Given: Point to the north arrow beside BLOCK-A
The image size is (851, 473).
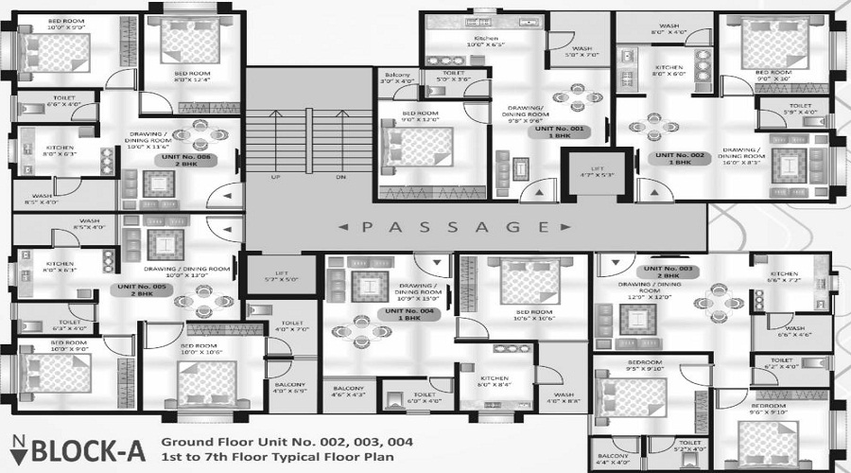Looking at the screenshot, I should tap(19, 449).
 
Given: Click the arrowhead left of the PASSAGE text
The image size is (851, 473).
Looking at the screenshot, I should tap(339, 227).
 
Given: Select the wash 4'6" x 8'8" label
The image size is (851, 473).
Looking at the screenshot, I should tap(564, 398).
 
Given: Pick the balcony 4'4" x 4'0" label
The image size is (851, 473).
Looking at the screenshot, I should tap(614, 459).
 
